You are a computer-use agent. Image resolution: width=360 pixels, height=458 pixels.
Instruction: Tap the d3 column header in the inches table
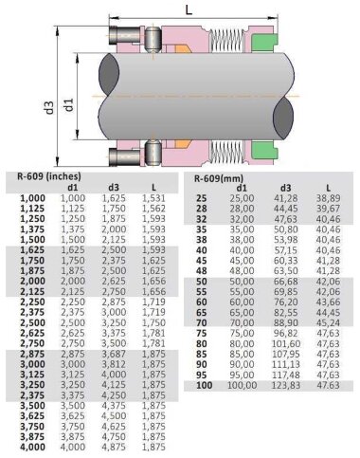114,187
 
